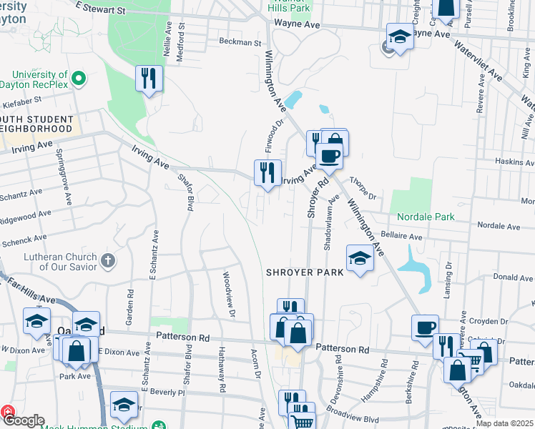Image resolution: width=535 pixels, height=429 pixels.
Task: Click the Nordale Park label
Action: [426, 217]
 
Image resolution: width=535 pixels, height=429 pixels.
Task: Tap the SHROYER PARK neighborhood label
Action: [305, 272]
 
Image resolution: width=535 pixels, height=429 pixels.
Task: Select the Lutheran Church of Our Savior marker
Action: [107, 259]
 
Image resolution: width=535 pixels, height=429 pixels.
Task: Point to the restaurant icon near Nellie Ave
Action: [148, 78]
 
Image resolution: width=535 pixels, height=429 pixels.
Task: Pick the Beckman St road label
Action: [240, 42]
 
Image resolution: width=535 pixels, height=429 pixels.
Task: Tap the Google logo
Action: [24, 420]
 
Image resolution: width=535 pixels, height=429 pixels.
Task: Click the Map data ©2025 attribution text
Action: [504, 424]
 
